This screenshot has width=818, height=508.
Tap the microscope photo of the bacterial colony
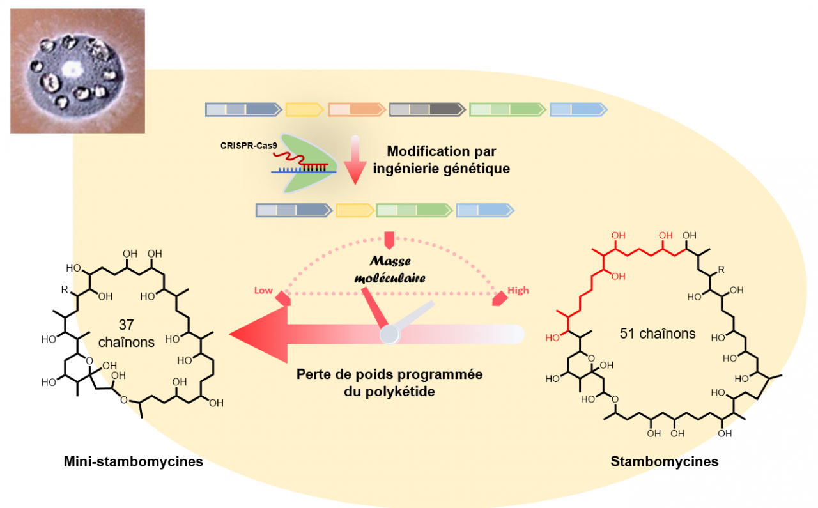click(77, 70)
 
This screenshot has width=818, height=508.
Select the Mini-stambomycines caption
click(133, 461)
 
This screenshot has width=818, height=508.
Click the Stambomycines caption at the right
click(664, 461)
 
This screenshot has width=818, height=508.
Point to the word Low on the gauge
click(263, 291)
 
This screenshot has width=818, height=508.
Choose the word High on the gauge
click(518, 291)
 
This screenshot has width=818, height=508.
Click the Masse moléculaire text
click(392, 270)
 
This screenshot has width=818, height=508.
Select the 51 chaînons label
click(658, 334)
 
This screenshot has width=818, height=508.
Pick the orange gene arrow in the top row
click(356, 110)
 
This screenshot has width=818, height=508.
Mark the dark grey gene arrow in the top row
click(426, 110)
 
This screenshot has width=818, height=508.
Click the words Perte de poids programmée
click(389, 374)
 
